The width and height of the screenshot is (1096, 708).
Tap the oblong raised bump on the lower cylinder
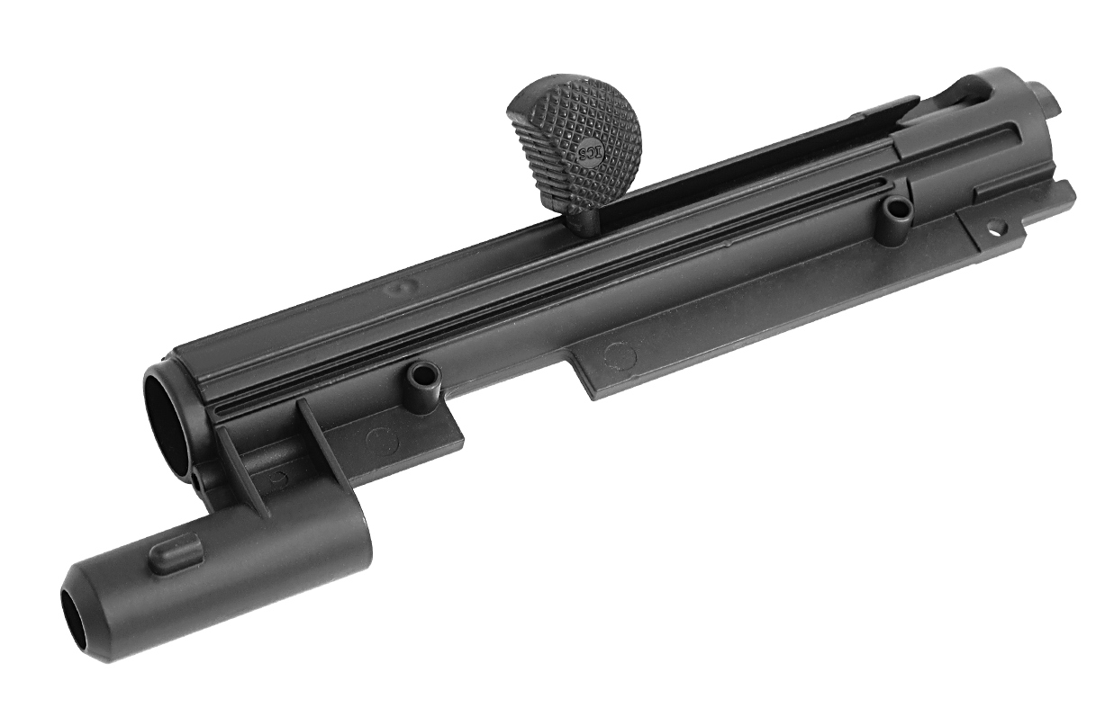(x=174, y=552)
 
